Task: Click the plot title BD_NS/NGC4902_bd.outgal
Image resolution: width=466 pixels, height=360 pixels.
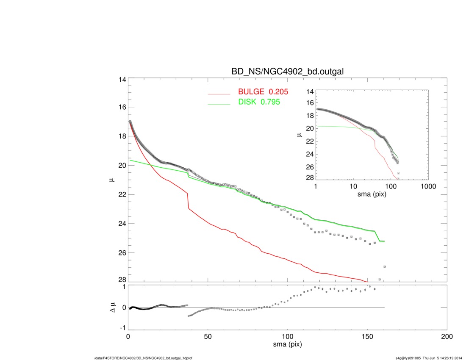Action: [x=287, y=72]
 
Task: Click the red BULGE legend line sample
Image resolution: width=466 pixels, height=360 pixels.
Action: [x=219, y=94]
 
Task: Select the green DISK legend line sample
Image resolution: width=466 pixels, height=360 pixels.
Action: [x=219, y=104]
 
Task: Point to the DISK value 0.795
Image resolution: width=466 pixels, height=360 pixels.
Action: [x=270, y=102]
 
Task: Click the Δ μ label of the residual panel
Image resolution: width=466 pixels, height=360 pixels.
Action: [x=112, y=307]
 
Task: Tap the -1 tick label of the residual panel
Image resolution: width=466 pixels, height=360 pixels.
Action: [x=122, y=328]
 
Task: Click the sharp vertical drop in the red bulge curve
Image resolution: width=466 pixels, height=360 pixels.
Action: [x=188, y=200]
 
